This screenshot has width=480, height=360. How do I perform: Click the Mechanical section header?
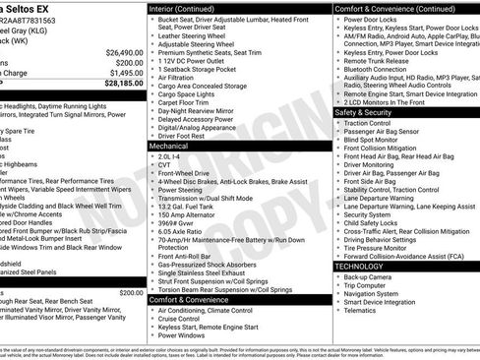click(169, 145)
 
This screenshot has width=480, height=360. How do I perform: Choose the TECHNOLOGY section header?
click(365, 266)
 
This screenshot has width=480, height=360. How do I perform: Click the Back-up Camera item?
click(371, 276)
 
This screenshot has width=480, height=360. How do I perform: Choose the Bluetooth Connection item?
click(378, 70)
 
